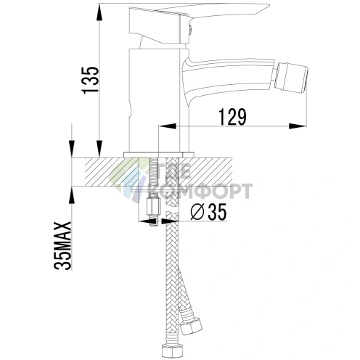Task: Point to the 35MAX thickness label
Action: click(x=64, y=247)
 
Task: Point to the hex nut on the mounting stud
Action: click(x=153, y=212)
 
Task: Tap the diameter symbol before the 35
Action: click(x=194, y=213)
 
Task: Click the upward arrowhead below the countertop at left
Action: click(x=73, y=193)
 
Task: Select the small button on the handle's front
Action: click(x=191, y=30)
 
